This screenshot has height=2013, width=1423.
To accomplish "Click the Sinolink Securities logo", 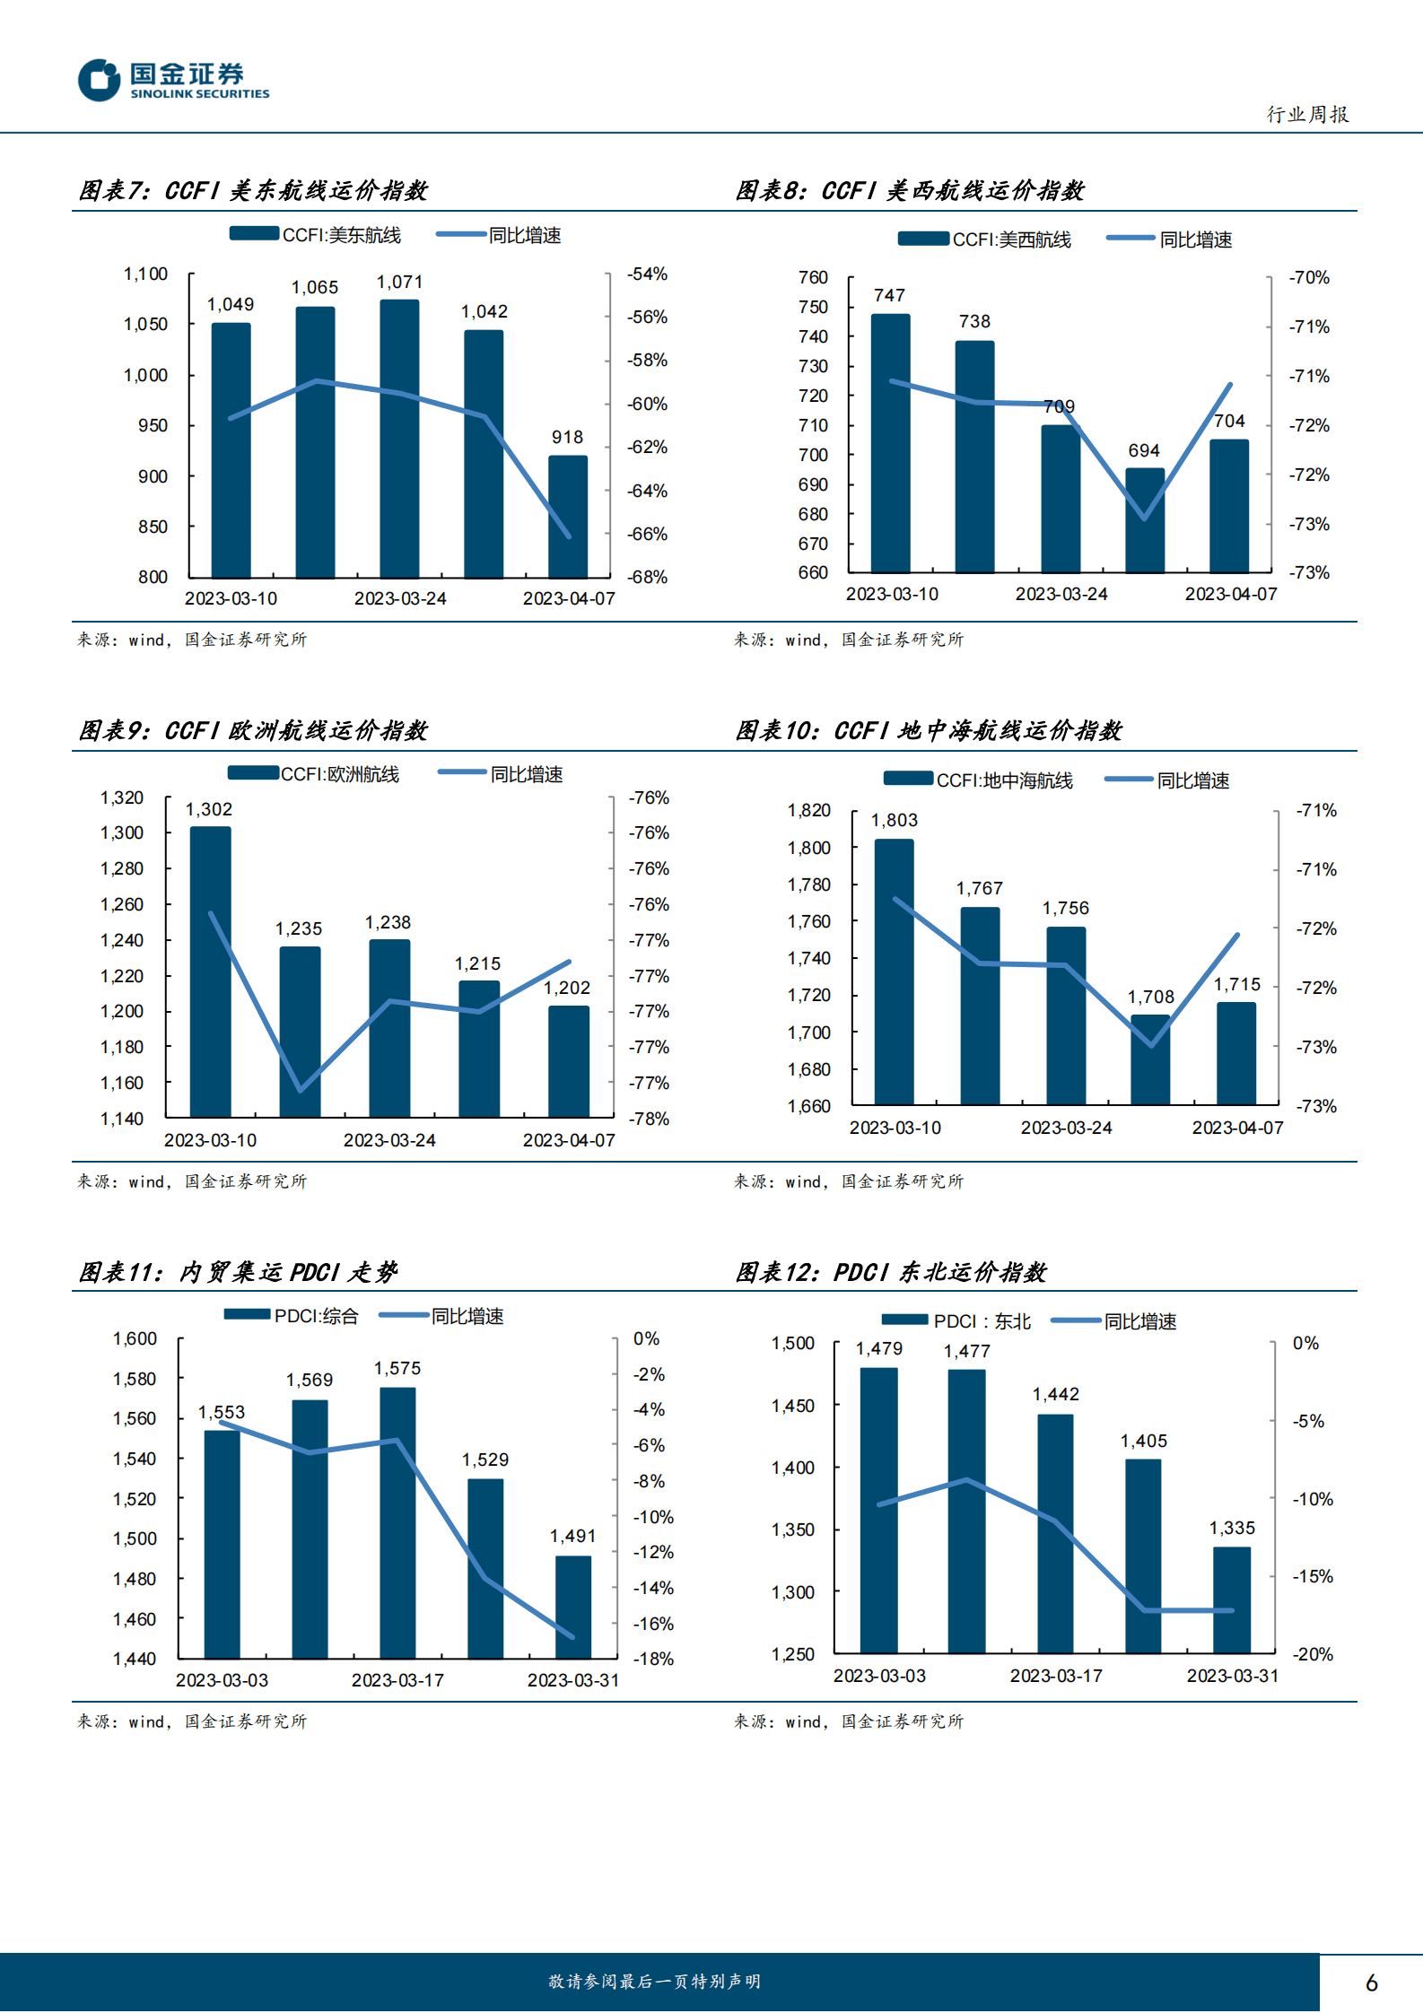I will pos(173,81).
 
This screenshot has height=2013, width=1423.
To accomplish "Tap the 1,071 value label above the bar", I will pos(399,283).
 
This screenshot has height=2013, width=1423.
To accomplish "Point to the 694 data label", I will pos(1144,450).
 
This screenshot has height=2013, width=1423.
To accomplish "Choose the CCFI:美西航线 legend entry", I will pos(984,240).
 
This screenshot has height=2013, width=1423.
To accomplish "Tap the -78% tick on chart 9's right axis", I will pos(650,1119).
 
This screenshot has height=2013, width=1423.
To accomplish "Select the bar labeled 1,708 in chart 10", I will pos(1150,1059).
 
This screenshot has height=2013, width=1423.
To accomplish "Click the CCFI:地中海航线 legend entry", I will pos(978,780).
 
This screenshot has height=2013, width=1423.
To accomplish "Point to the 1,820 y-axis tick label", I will pos(808,811).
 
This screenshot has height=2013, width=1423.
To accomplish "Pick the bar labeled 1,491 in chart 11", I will pos(572,1607).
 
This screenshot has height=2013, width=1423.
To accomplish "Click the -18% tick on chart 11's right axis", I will pos(653,1659).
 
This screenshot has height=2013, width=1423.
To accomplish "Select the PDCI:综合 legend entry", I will pos(292,1316).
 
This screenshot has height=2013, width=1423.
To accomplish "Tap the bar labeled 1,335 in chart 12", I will pos(1232,1599).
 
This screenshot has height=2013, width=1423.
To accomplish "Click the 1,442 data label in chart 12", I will pos(1056,1394).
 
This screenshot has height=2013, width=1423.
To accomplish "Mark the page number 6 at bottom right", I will pos(1371,1982).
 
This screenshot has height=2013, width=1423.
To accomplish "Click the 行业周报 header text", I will pos(1307,114).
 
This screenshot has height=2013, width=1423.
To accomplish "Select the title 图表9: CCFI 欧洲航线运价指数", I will pos(254,731).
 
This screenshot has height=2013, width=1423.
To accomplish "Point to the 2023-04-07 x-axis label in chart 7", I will pos(569,598).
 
